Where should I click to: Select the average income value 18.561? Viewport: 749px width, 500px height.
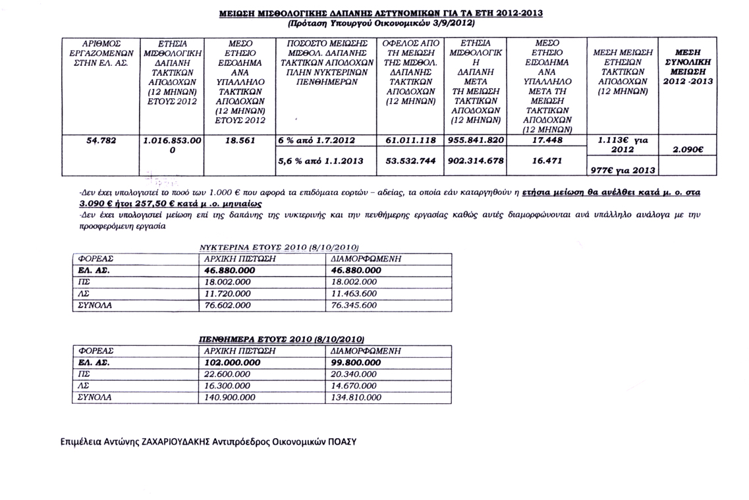point(236,141)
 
